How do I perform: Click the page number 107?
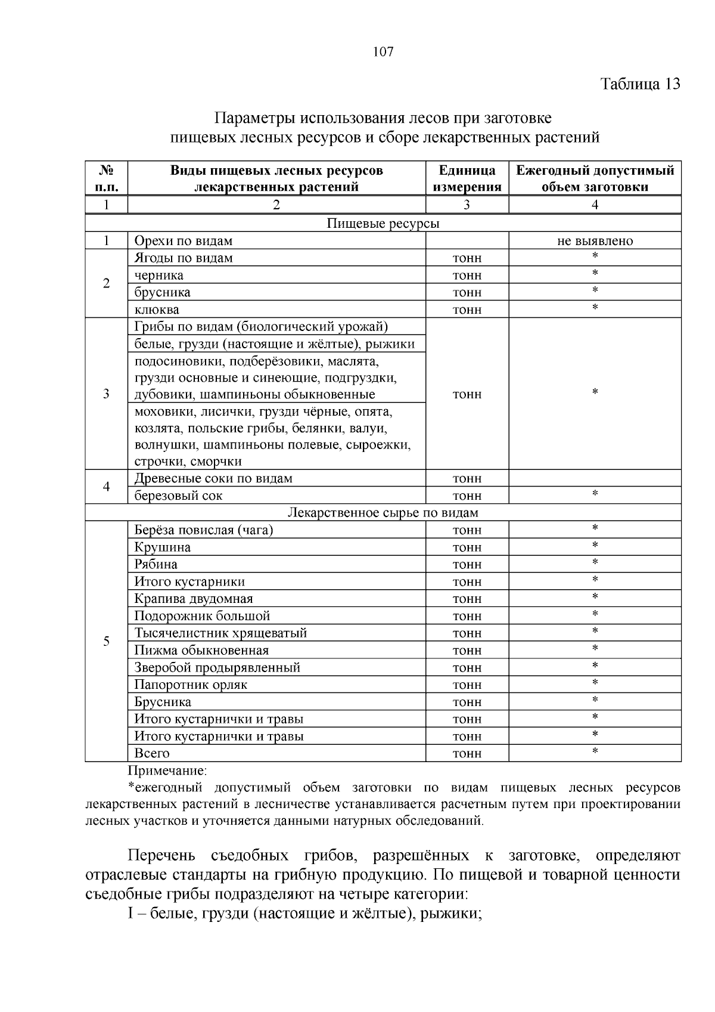click(x=383, y=52)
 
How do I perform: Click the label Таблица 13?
click(x=640, y=83)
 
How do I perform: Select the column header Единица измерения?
click(x=467, y=178)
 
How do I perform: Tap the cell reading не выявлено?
click(x=595, y=241)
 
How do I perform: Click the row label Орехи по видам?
click(x=184, y=241)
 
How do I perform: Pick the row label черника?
click(x=159, y=276)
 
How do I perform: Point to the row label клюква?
click(x=157, y=310)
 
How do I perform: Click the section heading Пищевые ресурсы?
click(x=383, y=224)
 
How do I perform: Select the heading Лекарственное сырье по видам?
click(x=383, y=513)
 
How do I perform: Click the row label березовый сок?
click(x=179, y=496)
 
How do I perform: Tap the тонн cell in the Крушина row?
click(x=467, y=547)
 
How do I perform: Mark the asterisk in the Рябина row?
click(x=595, y=563)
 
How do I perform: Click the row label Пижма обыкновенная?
click(x=201, y=651)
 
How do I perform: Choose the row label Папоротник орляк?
click(x=191, y=685)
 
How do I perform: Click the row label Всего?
click(x=152, y=753)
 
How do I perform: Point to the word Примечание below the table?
click(x=167, y=771)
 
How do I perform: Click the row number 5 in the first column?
click(x=106, y=642)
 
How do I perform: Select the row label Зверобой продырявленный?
click(x=217, y=667)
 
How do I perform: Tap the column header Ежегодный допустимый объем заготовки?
click(x=595, y=178)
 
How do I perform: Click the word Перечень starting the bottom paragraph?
click(x=161, y=856)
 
